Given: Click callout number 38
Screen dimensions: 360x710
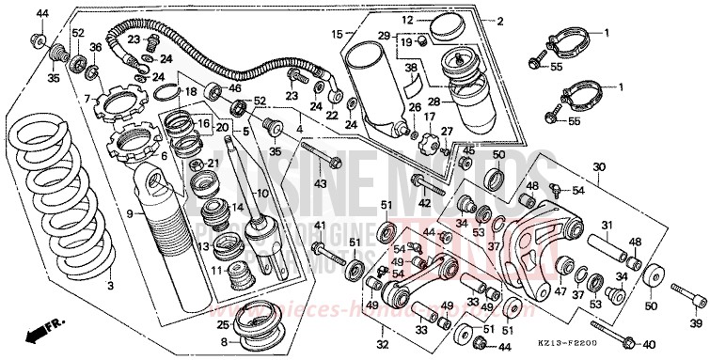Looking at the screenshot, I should pyautogui.click(x=410, y=69).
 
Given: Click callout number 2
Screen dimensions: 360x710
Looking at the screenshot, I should pyautogui.click(x=500, y=21).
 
